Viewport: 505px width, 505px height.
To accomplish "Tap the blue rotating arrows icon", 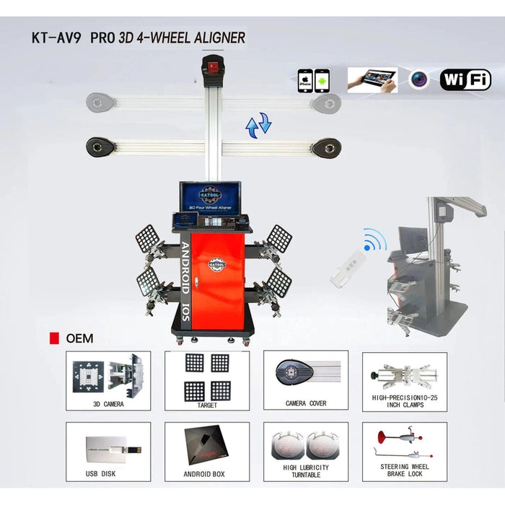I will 258,124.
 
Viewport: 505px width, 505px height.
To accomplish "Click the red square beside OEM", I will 52,338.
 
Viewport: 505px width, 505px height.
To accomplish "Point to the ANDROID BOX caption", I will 208,474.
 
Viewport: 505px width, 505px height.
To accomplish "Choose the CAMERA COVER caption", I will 306,403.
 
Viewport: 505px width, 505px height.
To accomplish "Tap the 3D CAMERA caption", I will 108,404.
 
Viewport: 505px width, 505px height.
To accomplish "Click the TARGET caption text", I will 207,404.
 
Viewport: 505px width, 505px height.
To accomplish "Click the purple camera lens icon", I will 420,79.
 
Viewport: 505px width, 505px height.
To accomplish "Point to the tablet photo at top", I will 372,79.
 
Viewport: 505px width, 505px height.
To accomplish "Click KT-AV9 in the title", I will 56,37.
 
